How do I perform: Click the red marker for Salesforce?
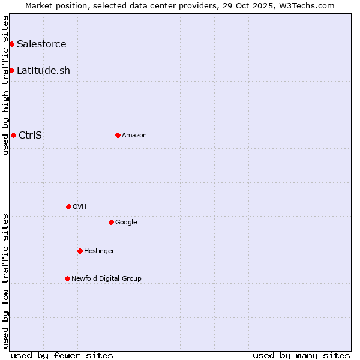click(11, 44)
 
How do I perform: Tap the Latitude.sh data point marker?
click(11, 70)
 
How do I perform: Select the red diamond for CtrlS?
click(13, 135)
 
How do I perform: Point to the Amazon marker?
click(118, 135)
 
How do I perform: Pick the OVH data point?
click(68, 206)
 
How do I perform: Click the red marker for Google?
click(111, 222)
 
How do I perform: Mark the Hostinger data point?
click(80, 251)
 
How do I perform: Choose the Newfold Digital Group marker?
click(67, 278)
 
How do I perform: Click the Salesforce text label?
click(41, 44)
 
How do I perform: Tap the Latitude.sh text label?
click(43, 70)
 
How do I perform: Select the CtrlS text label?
click(30, 135)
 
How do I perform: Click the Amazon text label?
click(134, 135)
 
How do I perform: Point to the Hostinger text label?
click(99, 251)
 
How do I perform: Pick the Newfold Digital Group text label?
click(106, 278)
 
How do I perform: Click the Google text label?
click(126, 222)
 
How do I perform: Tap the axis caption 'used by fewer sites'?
click(62, 355)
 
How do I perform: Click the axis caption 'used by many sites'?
click(301, 355)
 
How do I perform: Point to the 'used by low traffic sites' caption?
click(5, 281)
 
